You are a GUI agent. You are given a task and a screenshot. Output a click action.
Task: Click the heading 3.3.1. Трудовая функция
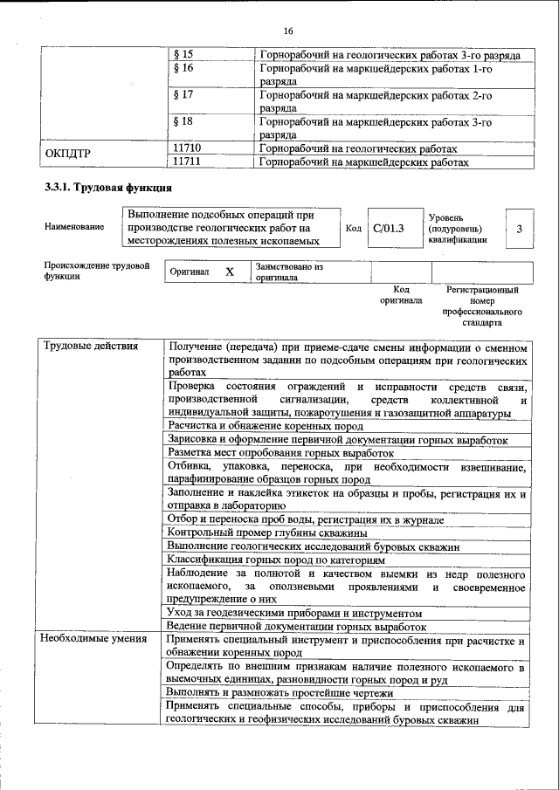click(108, 188)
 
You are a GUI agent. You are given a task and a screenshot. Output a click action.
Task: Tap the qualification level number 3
click(519, 229)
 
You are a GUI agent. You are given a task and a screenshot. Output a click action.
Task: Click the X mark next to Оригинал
click(230, 271)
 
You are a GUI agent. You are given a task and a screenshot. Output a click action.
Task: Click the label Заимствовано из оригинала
click(289, 271)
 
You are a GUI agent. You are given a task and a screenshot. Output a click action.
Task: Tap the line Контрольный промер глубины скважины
click(267, 532)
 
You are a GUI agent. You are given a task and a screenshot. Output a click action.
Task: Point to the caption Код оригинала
click(401, 294)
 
